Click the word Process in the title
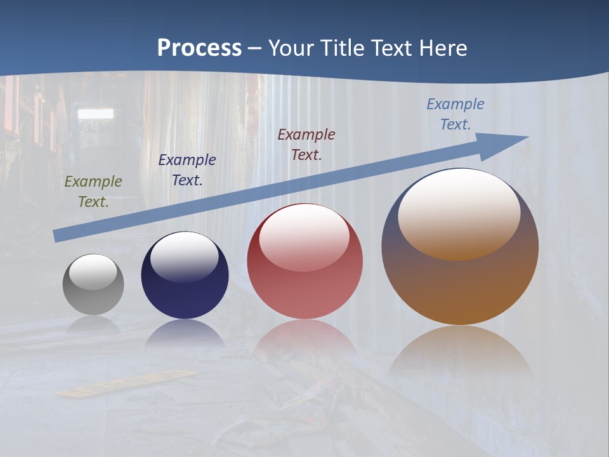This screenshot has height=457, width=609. point(199,48)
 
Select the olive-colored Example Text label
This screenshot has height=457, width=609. point(93,191)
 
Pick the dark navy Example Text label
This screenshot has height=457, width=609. point(187,170)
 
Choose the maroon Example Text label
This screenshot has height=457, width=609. point(306,144)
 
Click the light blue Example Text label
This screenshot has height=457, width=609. point(455,114)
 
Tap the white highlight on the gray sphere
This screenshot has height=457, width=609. point(93,272)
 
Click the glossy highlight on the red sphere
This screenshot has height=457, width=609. point(304,237)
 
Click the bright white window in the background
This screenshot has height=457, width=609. point(95,114)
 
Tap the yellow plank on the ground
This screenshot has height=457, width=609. point(127,383)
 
